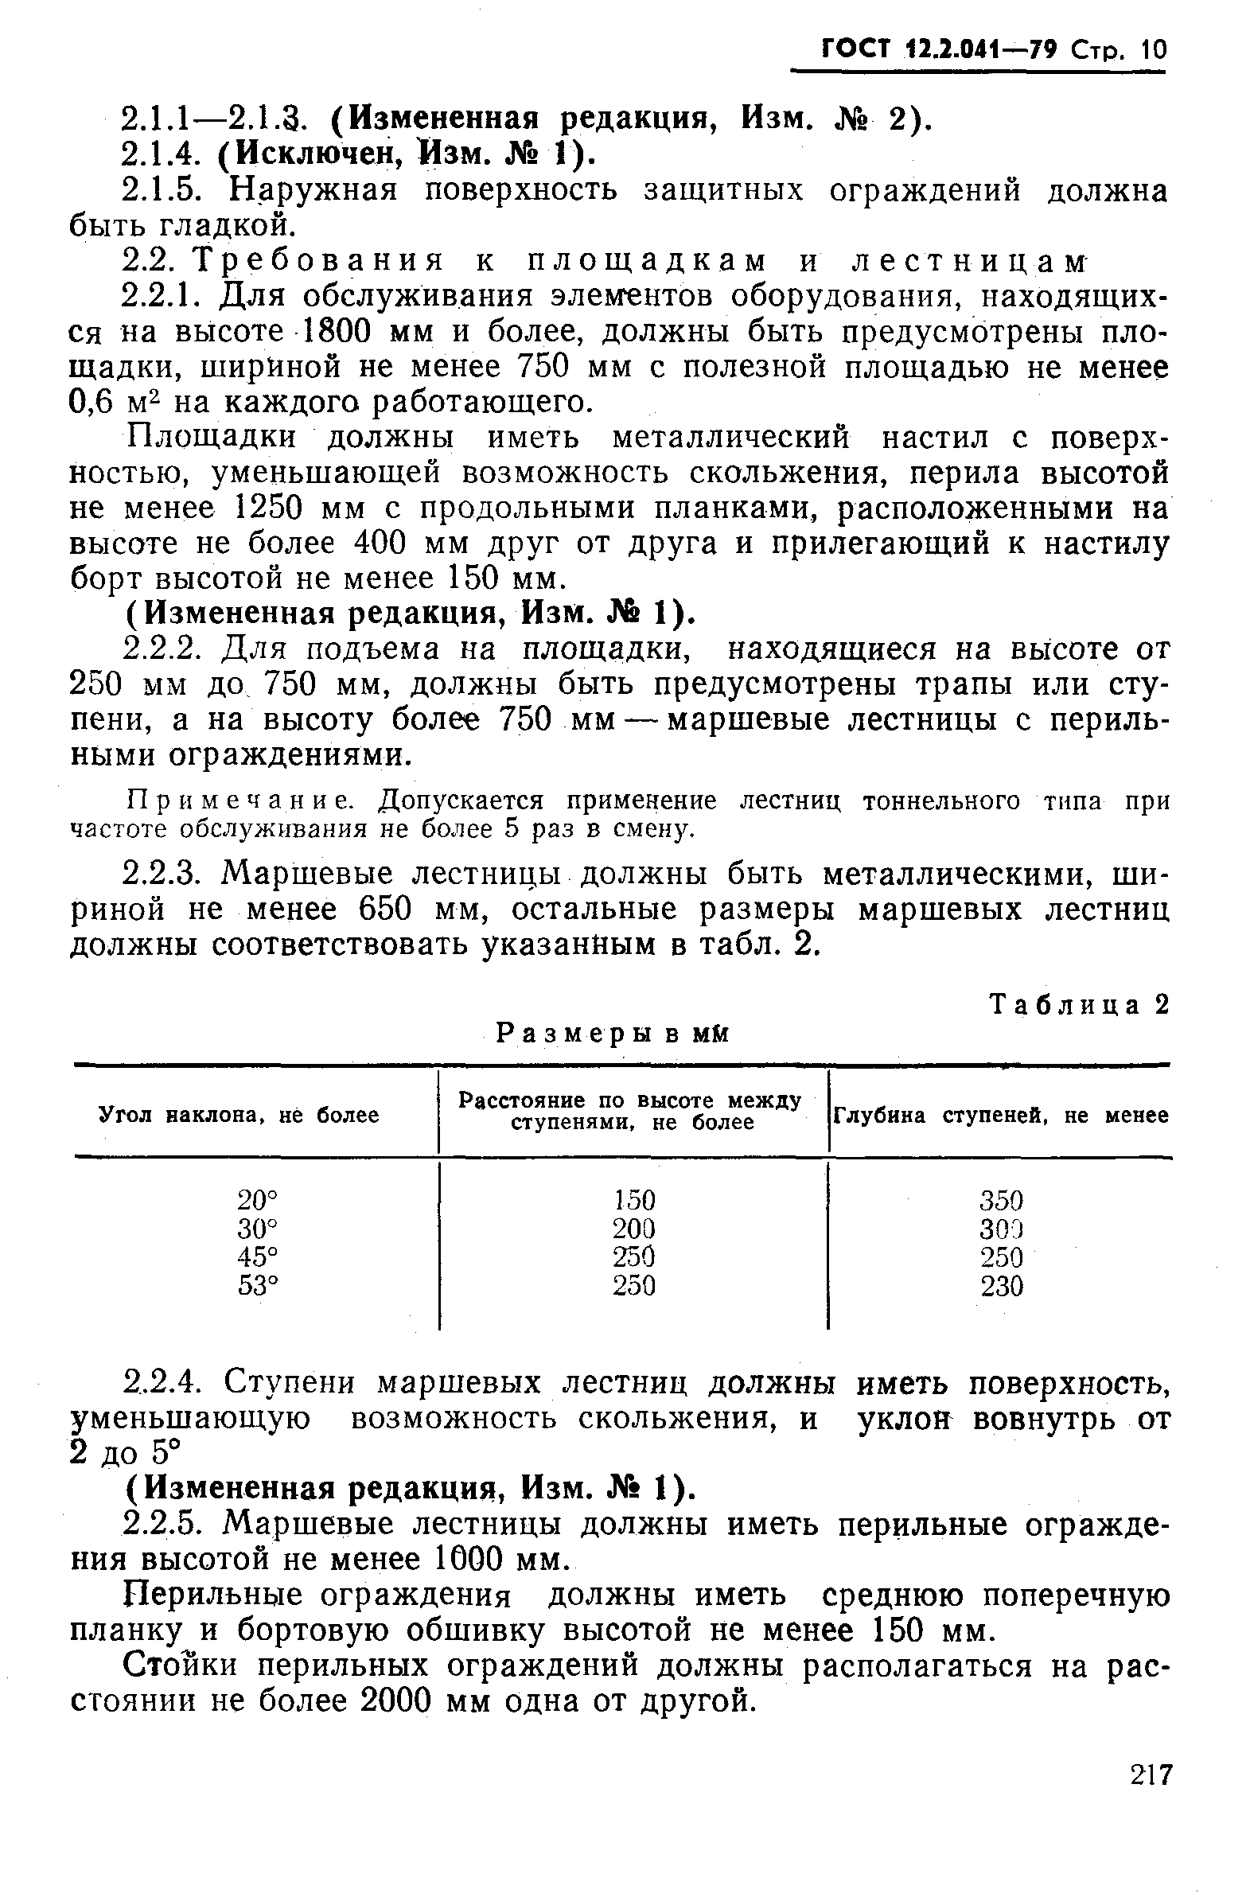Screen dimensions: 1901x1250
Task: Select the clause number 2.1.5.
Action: pyautogui.click(x=166, y=191)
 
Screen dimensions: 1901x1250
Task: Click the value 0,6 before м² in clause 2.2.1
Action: pyautogui.click(x=93, y=402)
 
